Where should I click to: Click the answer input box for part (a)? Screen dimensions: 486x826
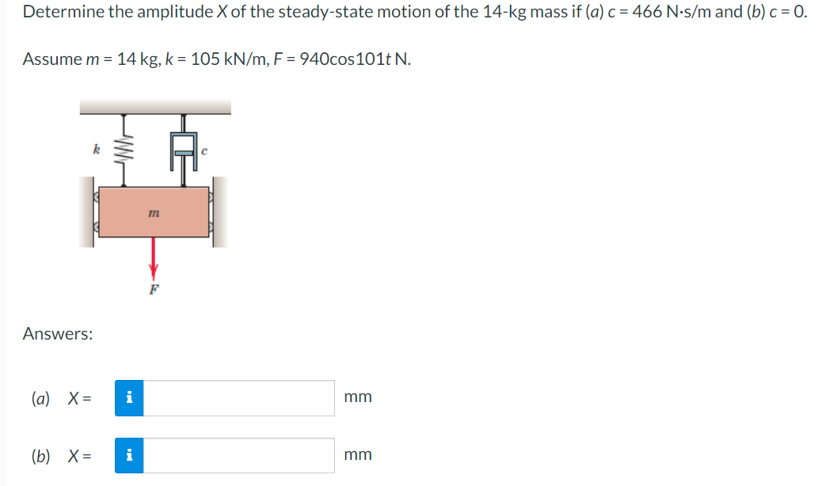pyautogui.click(x=239, y=398)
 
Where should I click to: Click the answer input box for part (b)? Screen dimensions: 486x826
pyautogui.click(x=239, y=456)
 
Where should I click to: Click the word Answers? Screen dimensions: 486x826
pyautogui.click(x=58, y=334)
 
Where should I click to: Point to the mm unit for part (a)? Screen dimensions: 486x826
pyautogui.click(x=358, y=397)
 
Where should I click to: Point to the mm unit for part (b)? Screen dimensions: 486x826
pyautogui.click(x=358, y=455)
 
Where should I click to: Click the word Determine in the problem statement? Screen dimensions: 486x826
pyautogui.click(x=62, y=13)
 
